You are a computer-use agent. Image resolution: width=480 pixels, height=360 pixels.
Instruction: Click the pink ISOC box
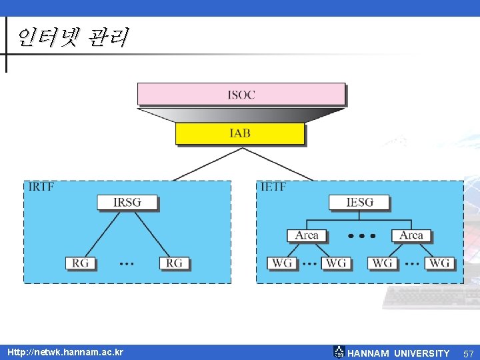pos(241,94)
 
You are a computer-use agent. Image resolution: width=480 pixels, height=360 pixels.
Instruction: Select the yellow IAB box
pos(239,133)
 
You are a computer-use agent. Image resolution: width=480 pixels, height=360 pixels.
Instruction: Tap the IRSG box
pos(127,202)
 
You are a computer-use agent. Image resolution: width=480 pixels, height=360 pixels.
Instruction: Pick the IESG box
pos(359,202)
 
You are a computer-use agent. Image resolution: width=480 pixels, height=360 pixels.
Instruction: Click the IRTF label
pos(41,187)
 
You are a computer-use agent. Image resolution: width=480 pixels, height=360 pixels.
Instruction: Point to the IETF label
pos(273,187)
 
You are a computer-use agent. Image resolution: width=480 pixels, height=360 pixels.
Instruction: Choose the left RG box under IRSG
pos(81,263)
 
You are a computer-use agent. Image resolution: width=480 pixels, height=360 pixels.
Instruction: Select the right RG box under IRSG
pos(174,263)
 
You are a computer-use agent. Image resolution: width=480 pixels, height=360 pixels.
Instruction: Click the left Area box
pos(307,235)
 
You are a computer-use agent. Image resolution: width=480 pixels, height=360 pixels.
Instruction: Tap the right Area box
pos(411,235)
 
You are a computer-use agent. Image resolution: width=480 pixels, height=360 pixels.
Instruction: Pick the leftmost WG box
pos(282,263)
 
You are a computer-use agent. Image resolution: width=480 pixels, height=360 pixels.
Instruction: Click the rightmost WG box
pos(439,263)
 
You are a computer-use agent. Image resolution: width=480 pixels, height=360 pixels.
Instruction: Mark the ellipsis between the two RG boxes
pos(127,264)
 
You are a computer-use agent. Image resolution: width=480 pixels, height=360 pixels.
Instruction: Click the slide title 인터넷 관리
pos(71,37)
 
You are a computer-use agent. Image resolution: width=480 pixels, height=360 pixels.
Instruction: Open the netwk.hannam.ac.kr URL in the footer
pos(65,352)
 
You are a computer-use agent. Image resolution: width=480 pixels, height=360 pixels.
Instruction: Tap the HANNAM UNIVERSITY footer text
pos(399,353)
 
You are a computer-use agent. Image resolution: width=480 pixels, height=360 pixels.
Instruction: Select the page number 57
pos(468,353)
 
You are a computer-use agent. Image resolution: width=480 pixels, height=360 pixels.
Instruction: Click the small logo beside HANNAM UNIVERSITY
pos(339,352)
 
